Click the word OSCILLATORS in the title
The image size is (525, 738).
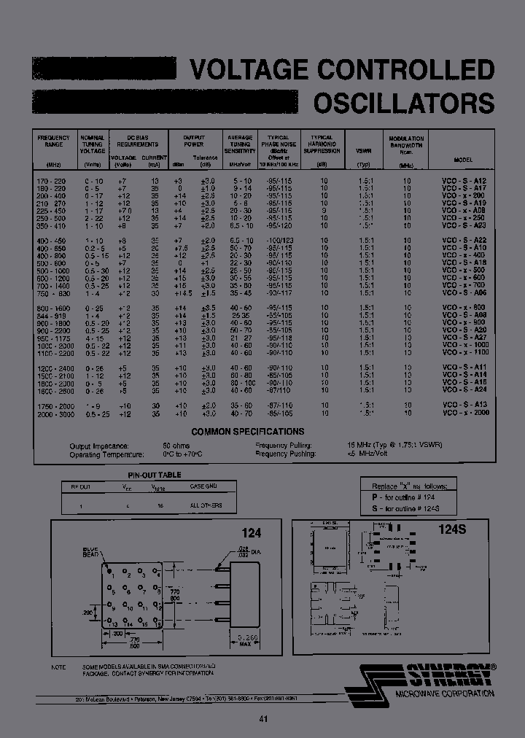(x=404, y=103)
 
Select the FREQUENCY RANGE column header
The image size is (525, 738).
(x=53, y=141)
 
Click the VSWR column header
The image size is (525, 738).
(x=364, y=151)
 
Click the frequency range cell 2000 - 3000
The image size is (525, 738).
(x=53, y=413)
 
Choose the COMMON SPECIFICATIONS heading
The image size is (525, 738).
(x=248, y=432)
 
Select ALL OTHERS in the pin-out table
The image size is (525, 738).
(x=206, y=505)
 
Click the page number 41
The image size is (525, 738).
(x=263, y=719)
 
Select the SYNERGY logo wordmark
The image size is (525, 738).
(x=448, y=675)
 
